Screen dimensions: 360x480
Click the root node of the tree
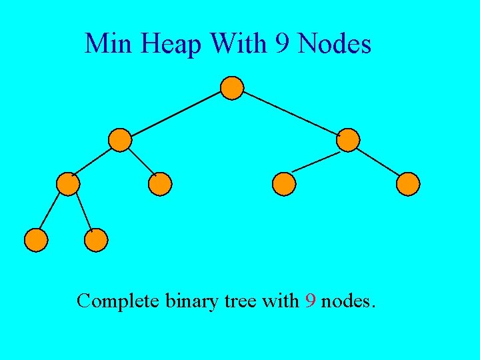click(x=232, y=87)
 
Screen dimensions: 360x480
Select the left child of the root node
click(x=120, y=140)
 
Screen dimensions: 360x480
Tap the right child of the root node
click(x=348, y=140)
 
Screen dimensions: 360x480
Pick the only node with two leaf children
click(x=68, y=183)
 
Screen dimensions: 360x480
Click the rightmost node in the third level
click(x=408, y=184)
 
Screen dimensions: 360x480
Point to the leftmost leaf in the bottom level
click(x=36, y=240)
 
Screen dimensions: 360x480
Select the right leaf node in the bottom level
click(x=96, y=240)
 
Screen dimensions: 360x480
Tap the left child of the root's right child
click(x=284, y=184)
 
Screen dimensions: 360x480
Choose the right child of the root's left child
click(x=160, y=184)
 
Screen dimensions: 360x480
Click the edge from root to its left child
click(x=176, y=113)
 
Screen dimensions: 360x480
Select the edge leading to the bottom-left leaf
click(x=52, y=212)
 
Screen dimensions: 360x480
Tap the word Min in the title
click(x=108, y=45)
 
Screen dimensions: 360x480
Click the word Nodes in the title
click(x=335, y=45)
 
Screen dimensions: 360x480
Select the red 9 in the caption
click(x=310, y=301)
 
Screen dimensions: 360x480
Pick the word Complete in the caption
click(x=117, y=301)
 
